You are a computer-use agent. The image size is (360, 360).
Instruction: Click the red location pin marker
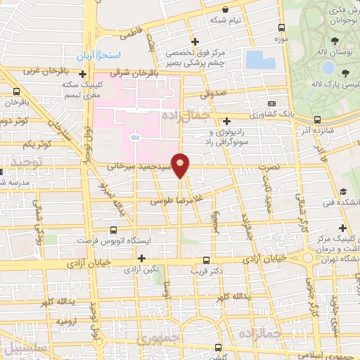point(181,165)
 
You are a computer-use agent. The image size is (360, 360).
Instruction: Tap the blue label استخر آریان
point(99,55)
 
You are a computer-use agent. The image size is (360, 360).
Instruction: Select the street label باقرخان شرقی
point(137,72)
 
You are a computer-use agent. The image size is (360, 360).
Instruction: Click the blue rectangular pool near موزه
point(260,60)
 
